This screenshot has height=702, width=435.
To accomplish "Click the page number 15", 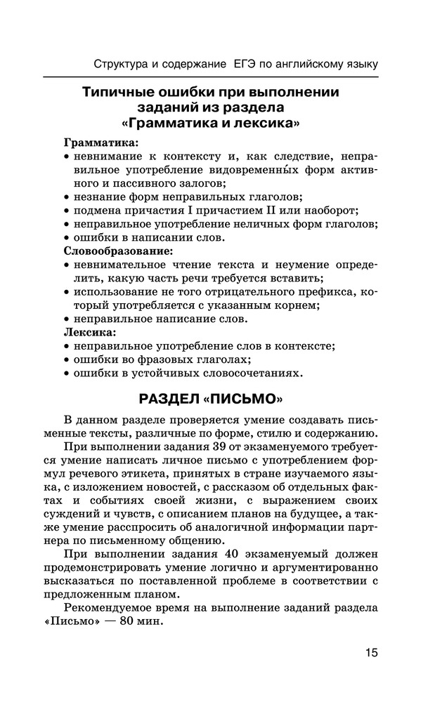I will [371, 653].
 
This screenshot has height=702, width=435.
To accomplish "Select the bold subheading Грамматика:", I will [102, 143].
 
